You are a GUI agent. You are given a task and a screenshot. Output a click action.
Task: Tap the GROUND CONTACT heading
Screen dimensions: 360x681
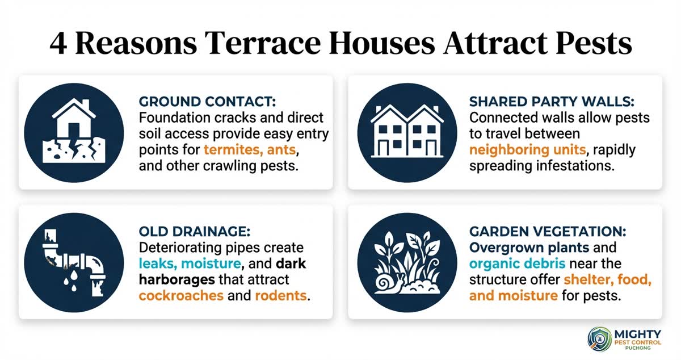(207, 102)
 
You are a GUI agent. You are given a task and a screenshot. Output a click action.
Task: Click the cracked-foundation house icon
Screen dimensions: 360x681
(74, 132)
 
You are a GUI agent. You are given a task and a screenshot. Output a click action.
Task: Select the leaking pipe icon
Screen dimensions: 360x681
(74, 262)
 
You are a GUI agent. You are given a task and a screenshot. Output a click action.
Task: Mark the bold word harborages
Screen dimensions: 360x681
(180, 279)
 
